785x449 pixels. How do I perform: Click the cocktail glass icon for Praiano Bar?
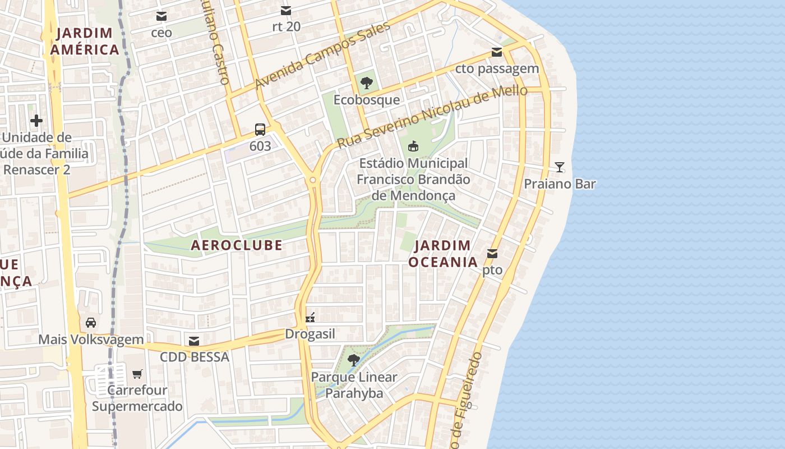pos(559,167)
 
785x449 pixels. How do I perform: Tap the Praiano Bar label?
pos(560,184)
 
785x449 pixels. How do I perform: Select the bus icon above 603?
pos(260,130)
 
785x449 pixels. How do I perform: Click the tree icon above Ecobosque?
pos(367,83)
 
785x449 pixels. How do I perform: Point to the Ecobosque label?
pos(367,100)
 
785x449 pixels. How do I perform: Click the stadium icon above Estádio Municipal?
pos(413,146)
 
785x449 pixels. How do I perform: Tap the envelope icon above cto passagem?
pos(497,52)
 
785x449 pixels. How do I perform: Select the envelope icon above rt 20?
pos(286,10)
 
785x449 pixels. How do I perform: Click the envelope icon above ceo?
pos(161,16)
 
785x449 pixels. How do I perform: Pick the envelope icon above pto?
pos(492,254)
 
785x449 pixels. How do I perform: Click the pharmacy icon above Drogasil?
pos(310,318)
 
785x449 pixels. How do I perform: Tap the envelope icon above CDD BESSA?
pos(194,341)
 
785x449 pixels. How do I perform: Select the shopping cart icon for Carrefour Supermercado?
pos(137,374)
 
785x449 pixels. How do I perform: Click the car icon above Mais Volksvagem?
pos(91,323)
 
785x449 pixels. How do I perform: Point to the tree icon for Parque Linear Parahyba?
pos(354,360)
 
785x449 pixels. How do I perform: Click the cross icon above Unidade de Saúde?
pos(36,121)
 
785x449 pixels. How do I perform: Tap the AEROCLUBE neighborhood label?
pos(237,245)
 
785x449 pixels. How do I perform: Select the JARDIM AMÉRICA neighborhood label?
pos(85,41)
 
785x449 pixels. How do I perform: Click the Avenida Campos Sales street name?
pos(322,56)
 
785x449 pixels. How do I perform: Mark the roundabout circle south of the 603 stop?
pos(313,180)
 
